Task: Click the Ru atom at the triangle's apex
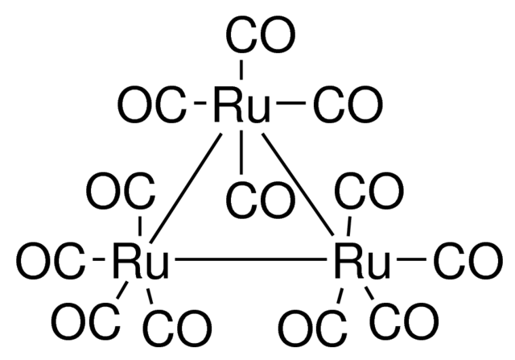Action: tap(242, 104)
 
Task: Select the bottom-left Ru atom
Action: tap(141, 260)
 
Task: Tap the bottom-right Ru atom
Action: tap(362, 260)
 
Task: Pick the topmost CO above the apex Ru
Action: tap(261, 34)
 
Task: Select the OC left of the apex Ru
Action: tap(152, 104)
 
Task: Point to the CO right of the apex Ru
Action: tap(348, 104)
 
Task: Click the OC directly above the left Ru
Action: tap(121, 191)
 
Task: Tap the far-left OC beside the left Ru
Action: tap(50, 260)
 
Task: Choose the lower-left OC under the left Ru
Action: tap(86, 321)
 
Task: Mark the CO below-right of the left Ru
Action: tap(177, 328)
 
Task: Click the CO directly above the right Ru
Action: tap(369, 191)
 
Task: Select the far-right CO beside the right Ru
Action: tap(468, 260)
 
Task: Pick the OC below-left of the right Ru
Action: tap(312, 328)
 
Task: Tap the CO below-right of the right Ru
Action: tap(404, 321)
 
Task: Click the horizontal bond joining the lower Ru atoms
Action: tap(251, 259)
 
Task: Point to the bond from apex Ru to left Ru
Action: tap(186, 188)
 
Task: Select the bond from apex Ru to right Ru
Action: tap(298, 184)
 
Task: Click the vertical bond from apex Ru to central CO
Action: tap(241, 152)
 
